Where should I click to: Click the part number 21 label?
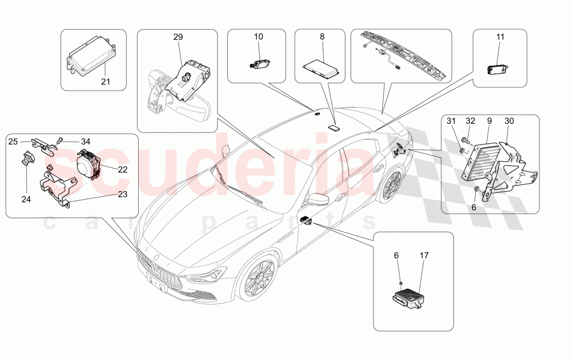105,81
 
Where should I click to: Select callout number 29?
178,37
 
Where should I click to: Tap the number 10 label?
259,37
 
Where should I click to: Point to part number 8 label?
322,37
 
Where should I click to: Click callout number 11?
500,37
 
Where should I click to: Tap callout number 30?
509,121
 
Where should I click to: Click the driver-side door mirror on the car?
315,199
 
